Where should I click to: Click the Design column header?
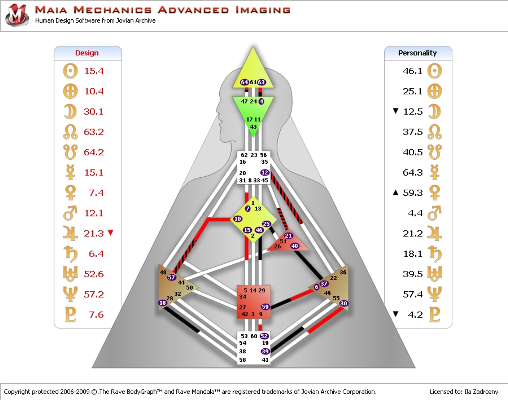pyautogui.click(x=87, y=53)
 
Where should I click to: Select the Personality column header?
pyautogui.click(x=417, y=53)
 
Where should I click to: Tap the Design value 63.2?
pyautogui.click(x=94, y=132)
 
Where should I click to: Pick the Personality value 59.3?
pyautogui.click(x=413, y=193)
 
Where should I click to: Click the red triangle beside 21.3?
pyautogui.click(x=111, y=233)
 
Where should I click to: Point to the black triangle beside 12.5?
pyautogui.click(x=396, y=111)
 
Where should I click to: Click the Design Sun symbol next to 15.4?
pyautogui.click(x=70, y=71)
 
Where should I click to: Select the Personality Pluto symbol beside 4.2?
pyautogui.click(x=434, y=315)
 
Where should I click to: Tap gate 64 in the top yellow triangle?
pyautogui.click(x=244, y=82)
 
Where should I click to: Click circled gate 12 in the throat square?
pyautogui.click(x=265, y=173)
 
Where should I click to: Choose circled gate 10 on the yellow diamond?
pyautogui.click(x=238, y=219)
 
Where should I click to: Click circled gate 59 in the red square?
pyautogui.click(x=265, y=307)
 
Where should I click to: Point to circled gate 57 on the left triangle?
pyautogui.click(x=171, y=277)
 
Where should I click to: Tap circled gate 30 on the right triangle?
pyautogui.click(x=343, y=303)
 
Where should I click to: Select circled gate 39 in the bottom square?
pyautogui.click(x=265, y=351)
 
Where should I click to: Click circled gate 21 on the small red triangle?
pyautogui.click(x=288, y=236)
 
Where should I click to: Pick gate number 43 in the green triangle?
pyautogui.click(x=253, y=127)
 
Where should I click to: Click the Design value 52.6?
pyautogui.click(x=94, y=274)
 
